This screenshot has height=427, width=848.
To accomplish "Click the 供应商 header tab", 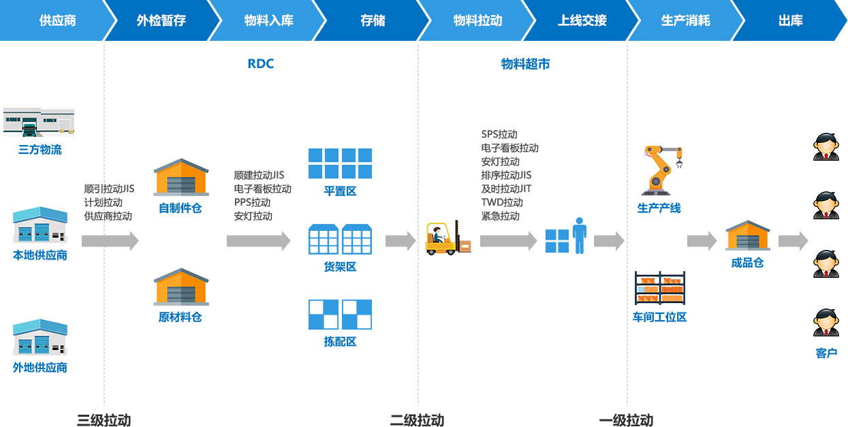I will pos(57,20).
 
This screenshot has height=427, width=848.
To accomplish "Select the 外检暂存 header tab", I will pos(161,20).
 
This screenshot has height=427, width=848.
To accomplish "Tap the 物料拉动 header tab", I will pos(477,20).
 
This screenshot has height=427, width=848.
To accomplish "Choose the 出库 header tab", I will pos(790,20).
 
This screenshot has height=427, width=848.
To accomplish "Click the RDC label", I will pos(260,64).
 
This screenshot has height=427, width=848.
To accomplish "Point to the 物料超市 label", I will pos(525,64).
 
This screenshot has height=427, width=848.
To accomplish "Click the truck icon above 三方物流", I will pos(39,123).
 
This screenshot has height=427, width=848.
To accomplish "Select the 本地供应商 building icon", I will pos(40,225).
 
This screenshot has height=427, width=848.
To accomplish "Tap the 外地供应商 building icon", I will pos(40,336).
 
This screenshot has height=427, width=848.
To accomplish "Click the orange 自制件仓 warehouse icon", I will pos(180,177).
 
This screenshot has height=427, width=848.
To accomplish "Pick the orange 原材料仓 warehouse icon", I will pos(180,286).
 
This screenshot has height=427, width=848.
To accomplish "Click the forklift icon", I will pos(447,237).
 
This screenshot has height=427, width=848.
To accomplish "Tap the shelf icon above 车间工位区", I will pos(659,288).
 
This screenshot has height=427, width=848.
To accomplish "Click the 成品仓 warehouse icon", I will pos(747,235).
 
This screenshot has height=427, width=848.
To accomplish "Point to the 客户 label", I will pos(826,353).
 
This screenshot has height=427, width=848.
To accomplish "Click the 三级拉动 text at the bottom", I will pos(104,420).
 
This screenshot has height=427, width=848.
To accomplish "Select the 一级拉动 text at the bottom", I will pos(627,420).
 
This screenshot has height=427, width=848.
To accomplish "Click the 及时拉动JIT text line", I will pos(506,189).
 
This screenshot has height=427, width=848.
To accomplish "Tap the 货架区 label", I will pos(340,267).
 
